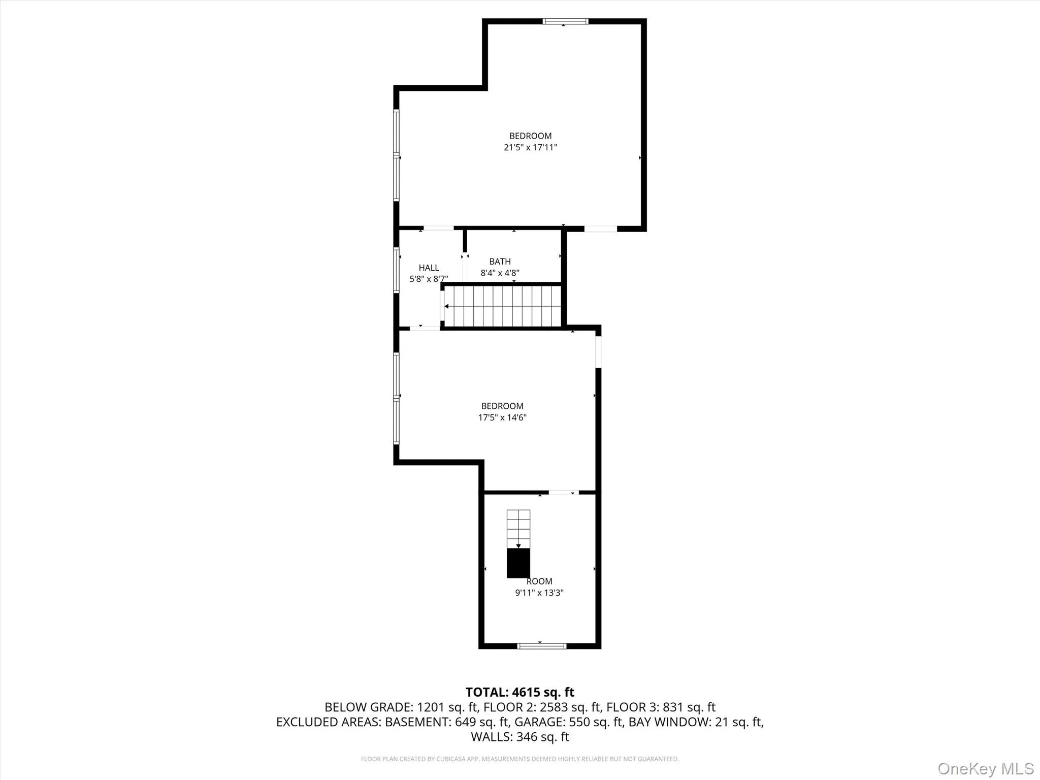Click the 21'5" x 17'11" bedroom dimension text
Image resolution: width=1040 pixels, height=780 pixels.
(530, 148)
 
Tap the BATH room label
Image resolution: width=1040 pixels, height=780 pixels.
(500, 262)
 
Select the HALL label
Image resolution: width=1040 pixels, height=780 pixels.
(429, 268)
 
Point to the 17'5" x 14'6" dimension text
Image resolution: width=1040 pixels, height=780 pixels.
(502, 417)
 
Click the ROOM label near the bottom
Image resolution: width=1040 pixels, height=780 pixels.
(539, 581)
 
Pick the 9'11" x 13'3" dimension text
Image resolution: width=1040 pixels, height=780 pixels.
(539, 593)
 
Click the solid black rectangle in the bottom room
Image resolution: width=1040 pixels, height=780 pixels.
(518, 563)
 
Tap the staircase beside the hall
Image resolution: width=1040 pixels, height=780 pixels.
(503, 306)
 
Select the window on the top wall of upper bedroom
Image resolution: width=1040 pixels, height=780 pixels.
(565, 21)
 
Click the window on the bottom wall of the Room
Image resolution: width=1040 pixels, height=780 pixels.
(541, 646)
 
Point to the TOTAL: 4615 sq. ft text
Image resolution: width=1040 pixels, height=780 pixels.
(519, 692)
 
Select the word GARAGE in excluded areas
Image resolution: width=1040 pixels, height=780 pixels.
(539, 722)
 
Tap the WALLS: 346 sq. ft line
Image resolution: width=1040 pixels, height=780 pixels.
(519, 736)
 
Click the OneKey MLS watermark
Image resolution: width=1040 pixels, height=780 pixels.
(985, 768)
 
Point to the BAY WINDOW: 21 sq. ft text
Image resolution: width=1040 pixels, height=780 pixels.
(695, 722)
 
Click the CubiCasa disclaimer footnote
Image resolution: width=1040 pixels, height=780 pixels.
(519, 759)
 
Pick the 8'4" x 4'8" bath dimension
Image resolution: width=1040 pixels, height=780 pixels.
(500, 273)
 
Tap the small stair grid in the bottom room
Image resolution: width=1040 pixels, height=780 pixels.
(518, 528)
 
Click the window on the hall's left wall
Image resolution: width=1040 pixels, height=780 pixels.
(396, 270)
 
